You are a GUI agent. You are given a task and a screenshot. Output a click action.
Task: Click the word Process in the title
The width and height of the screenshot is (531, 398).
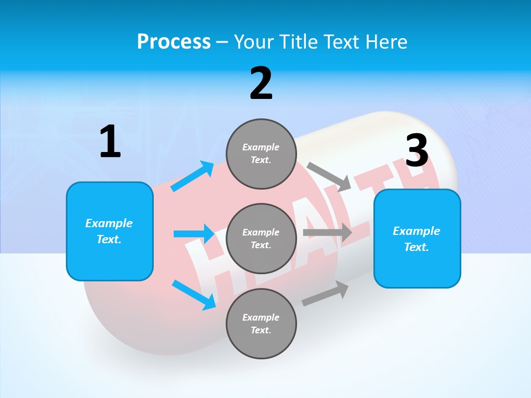tap(174, 42)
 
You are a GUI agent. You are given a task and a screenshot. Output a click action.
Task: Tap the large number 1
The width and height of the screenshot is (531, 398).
tap(110, 142)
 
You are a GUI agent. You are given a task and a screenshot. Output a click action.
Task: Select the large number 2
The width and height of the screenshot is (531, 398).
tap(261, 83)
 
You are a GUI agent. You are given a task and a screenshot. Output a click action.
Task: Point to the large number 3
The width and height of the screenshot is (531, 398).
tap(417, 151)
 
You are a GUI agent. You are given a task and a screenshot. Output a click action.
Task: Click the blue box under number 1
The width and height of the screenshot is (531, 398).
tap(110, 231)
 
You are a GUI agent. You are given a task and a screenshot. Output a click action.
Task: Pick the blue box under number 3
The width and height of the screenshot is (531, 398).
tap(417, 238)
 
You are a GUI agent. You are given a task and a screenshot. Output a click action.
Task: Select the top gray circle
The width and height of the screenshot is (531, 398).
tap(261, 154)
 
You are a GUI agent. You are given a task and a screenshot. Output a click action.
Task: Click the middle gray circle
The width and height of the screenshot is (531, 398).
tap(261, 238)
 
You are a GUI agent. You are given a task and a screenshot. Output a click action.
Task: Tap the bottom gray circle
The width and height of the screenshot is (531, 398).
tap(261, 323)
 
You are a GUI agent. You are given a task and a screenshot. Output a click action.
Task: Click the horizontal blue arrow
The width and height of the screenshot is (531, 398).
tap(194, 234)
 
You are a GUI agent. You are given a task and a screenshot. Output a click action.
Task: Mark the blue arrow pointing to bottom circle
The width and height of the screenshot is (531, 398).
tap(194, 294)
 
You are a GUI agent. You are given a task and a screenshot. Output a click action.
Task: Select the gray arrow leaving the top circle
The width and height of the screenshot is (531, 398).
tap(329, 176)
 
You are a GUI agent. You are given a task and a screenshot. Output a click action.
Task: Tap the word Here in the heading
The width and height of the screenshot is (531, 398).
tap(386, 42)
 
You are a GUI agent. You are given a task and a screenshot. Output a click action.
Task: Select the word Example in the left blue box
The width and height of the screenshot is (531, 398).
tap(109, 223)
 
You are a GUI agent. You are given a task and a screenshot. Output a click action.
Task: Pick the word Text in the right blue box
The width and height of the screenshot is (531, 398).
tap(415, 247)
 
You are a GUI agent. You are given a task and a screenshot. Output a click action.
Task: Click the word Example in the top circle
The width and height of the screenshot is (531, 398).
tap(261, 147)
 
